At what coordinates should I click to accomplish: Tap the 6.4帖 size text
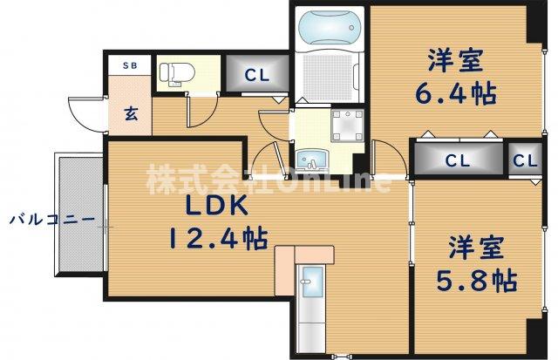[x=454, y=94]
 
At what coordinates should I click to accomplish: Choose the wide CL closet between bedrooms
[x=457, y=160]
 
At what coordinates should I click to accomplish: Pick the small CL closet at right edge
[x=524, y=160]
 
